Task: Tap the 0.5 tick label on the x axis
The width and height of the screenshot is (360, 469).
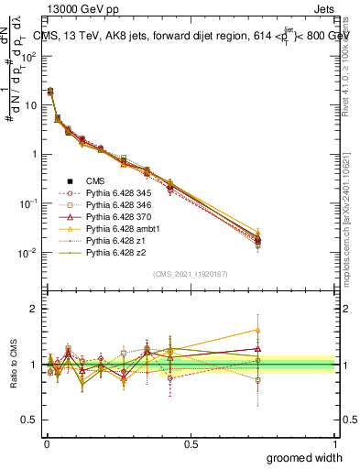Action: [x=191, y=443]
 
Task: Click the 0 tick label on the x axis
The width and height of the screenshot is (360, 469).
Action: [x=46, y=443]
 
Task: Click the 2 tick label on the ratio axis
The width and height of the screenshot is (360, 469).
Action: [x=33, y=309]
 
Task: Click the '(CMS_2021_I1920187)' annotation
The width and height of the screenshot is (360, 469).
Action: [x=191, y=273]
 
